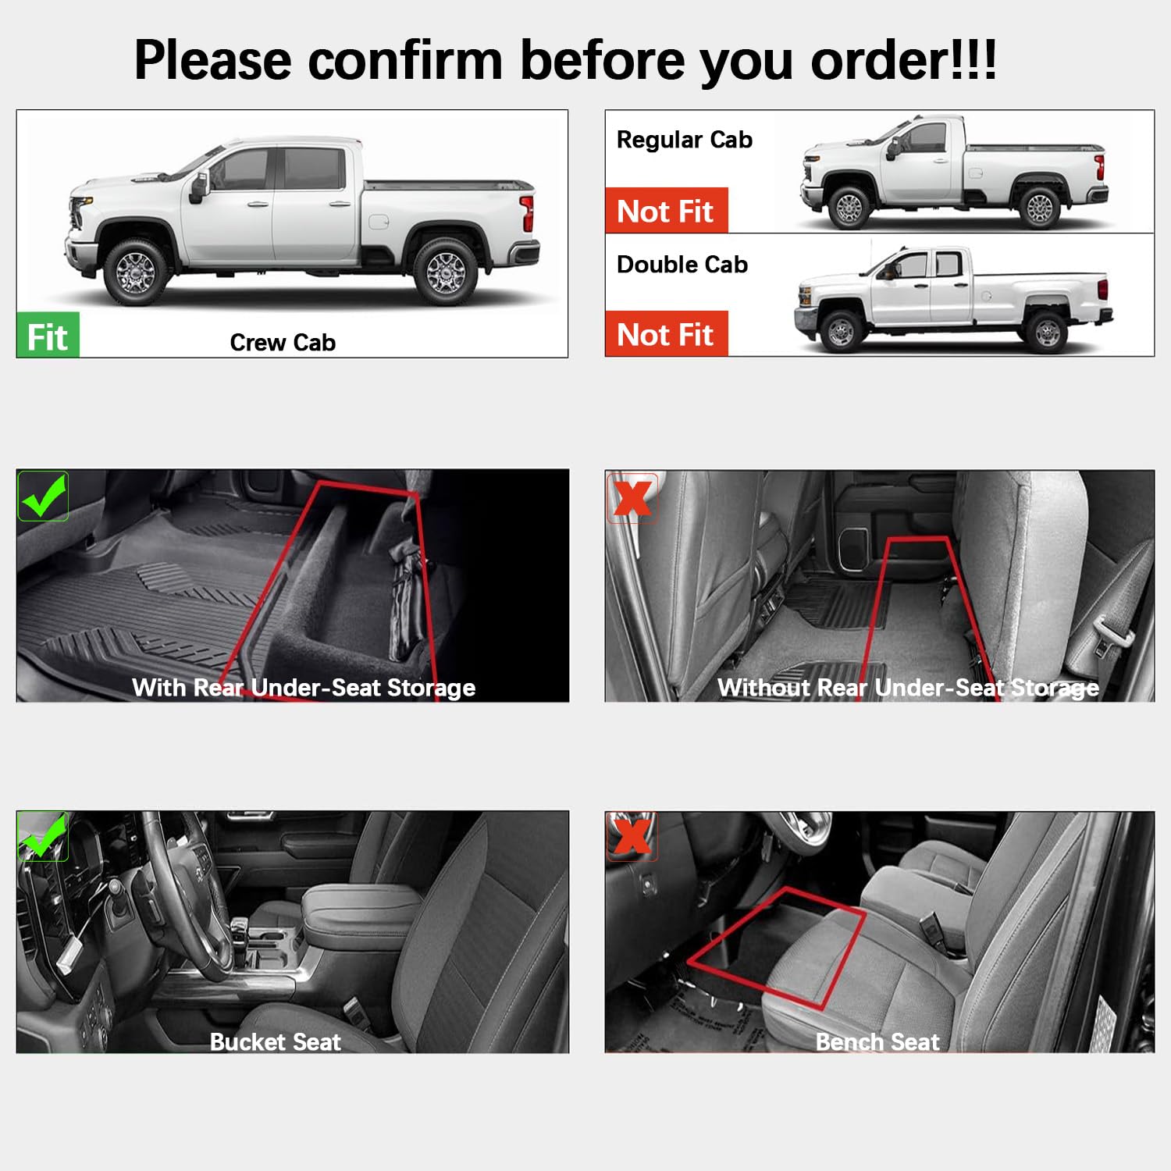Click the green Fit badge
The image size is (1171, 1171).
click(48, 336)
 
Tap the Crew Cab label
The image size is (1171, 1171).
click(283, 342)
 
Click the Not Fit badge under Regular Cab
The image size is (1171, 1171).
click(666, 211)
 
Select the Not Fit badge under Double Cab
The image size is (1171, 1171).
click(666, 334)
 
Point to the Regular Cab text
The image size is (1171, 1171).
click(684, 140)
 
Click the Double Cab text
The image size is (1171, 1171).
click(682, 265)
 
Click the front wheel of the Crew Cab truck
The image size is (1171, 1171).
click(136, 272)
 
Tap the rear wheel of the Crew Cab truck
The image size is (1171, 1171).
click(445, 272)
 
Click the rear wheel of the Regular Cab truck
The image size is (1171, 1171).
click(1039, 208)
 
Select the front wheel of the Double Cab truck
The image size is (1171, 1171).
click(841, 332)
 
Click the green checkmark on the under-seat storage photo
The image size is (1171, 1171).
click(43, 497)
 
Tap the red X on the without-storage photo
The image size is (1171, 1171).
click(632, 497)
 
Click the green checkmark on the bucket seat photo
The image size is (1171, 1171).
click(43, 836)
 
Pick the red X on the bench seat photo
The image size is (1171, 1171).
click(632, 836)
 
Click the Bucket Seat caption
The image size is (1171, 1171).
click(275, 1041)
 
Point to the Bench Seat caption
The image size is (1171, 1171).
click(877, 1041)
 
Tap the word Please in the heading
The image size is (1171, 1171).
click(212, 60)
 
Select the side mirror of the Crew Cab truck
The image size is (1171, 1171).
click(199, 187)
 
